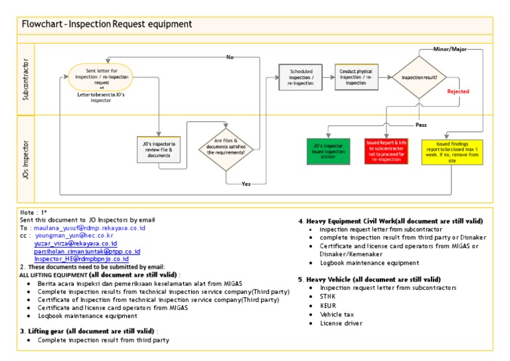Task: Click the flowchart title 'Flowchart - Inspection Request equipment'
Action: [x=107, y=24]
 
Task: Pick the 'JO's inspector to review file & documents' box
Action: [x=159, y=150]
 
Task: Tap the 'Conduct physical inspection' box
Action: [x=356, y=77]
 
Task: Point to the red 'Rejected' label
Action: [x=458, y=92]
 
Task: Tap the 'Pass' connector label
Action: [x=420, y=124]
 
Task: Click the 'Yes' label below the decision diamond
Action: [x=246, y=183]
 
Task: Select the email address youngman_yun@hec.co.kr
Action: [x=74, y=236]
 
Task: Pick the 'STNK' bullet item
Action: [x=328, y=297]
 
